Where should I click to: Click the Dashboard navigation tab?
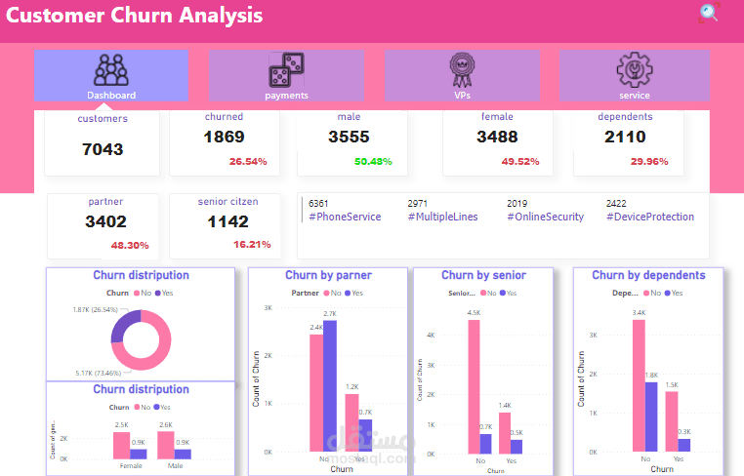111,76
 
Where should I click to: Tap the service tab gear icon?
634,70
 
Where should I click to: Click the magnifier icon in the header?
709,13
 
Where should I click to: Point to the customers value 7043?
103,149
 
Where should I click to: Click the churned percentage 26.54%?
248,162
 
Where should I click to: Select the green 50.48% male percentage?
373,162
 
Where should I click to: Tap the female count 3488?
497,138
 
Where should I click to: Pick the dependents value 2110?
625,138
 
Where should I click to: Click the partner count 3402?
105,221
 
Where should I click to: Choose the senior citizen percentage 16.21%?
252,245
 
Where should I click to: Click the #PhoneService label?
345,217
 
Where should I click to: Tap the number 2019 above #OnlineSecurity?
517,203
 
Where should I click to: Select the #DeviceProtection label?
650,217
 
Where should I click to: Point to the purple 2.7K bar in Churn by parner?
329,385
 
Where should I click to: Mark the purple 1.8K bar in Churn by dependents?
652,416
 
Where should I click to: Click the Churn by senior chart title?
483,276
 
